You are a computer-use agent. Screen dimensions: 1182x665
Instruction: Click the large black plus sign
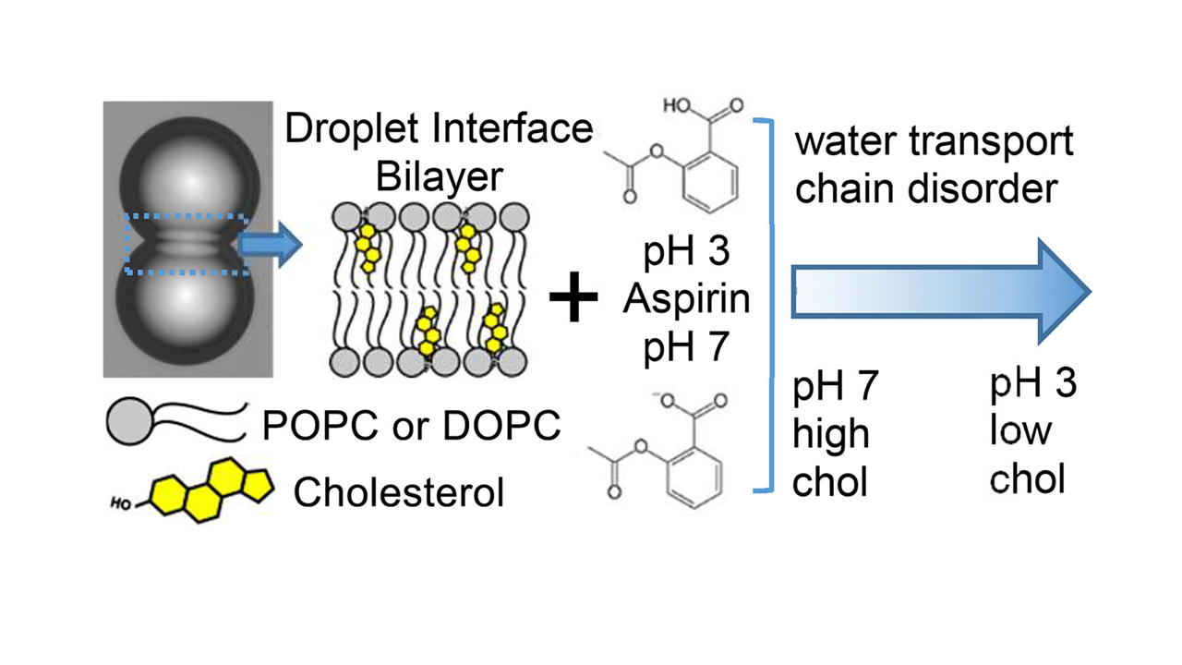point(573,296)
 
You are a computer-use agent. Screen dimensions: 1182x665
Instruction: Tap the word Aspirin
point(686,298)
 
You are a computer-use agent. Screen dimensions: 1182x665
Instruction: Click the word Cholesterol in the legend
point(399,492)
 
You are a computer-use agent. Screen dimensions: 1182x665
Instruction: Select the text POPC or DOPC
point(412,425)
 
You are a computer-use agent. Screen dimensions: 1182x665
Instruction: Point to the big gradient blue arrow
point(940,291)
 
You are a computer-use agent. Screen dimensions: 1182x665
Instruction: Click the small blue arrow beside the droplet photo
point(270,245)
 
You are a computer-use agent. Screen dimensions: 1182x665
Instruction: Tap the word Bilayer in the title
point(439,176)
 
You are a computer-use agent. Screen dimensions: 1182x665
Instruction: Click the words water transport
point(934,141)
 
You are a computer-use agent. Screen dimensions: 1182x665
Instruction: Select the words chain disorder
point(926,188)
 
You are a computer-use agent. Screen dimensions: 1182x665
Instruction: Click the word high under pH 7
point(831,434)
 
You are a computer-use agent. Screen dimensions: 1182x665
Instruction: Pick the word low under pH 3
point(1020,430)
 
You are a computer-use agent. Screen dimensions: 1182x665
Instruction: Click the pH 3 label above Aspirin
point(686,251)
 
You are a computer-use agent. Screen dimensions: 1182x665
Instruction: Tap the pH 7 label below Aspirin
point(686,346)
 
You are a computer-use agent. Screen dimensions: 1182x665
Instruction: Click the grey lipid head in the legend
point(130,421)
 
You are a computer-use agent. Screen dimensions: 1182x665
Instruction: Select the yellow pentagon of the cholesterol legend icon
point(256,486)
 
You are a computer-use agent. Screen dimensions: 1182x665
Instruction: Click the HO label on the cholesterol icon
point(120,504)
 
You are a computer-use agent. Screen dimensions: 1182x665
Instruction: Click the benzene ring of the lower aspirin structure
point(694,478)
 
